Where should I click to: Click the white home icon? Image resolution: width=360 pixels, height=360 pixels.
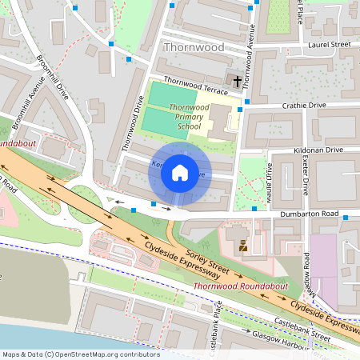180,173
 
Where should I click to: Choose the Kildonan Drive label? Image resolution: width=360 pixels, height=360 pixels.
318,150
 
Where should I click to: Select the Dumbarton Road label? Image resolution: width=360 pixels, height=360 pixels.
309,215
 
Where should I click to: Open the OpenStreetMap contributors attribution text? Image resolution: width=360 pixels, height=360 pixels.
81,354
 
